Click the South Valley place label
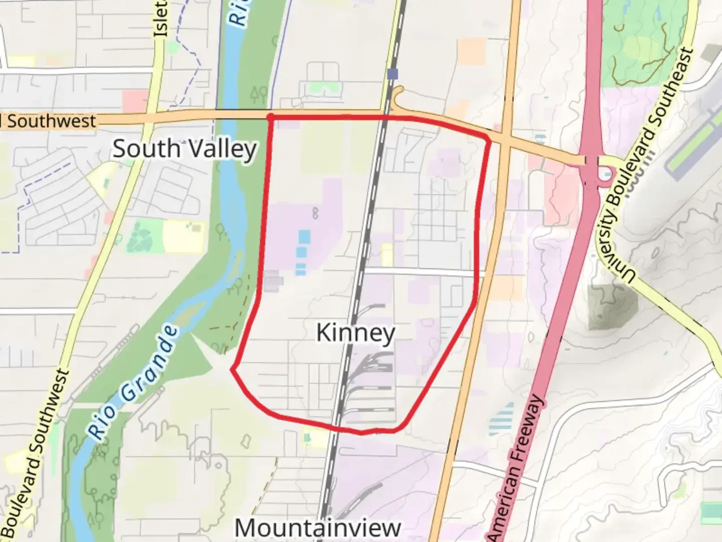point(185,149)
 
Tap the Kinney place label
point(355,333)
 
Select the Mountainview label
point(318,527)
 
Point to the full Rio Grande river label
point(132,382)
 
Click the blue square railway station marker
point(393,74)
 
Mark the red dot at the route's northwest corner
point(271,117)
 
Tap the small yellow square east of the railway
point(388,254)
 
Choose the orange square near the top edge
point(472,52)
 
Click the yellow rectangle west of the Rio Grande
point(184,237)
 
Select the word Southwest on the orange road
point(51,121)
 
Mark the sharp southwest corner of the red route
point(232,369)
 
